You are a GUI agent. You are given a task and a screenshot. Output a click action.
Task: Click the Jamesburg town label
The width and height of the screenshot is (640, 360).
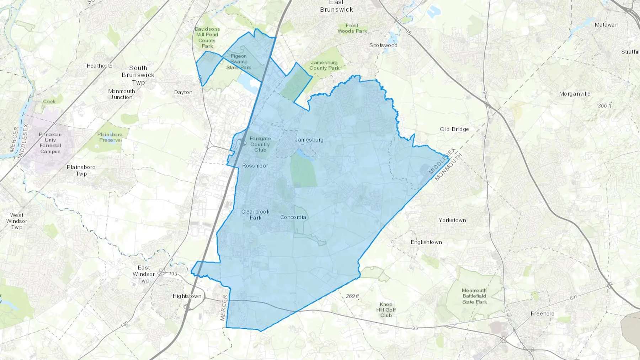(x=309, y=140)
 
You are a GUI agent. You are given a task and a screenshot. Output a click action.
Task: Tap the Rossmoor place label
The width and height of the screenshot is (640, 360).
(x=255, y=166)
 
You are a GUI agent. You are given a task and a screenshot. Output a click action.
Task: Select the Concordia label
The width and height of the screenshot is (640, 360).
(x=293, y=217)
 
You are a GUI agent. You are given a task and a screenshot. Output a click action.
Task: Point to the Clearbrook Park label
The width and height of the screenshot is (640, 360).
(x=255, y=215)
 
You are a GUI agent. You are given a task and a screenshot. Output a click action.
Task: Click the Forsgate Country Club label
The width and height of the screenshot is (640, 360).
(x=260, y=144)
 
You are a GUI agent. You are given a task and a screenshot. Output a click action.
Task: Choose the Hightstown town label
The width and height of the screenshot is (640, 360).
(x=187, y=296)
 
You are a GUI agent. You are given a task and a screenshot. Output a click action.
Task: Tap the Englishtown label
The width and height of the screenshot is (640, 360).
(x=426, y=242)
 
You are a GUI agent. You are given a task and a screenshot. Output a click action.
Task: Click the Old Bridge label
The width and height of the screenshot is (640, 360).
(x=454, y=129)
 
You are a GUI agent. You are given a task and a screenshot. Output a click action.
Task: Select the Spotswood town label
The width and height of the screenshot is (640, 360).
(x=383, y=45)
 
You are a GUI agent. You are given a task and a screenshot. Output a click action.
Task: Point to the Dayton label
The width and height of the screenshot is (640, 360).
(x=183, y=92)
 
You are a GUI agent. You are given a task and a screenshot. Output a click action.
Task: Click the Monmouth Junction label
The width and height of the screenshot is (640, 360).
(x=122, y=94)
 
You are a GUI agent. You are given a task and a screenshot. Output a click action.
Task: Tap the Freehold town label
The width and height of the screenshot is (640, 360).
(x=542, y=313)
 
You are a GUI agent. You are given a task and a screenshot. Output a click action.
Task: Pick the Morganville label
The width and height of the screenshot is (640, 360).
(x=575, y=94)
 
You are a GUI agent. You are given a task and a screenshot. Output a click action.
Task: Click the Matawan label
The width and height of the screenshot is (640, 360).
(x=606, y=25)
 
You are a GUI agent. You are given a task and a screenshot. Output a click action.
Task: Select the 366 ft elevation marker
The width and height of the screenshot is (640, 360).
(x=604, y=106)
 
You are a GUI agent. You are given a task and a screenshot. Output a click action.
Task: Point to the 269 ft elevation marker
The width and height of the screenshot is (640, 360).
(x=352, y=296)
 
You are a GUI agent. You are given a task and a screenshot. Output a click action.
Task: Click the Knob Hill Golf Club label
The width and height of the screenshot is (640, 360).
(x=386, y=310)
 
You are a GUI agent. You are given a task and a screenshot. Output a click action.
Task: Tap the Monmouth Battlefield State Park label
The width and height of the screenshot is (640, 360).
(x=474, y=296)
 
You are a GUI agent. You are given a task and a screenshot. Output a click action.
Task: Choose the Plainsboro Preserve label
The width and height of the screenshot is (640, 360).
(x=110, y=137)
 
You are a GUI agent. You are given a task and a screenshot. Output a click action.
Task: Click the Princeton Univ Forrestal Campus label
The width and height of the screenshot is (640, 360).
(x=50, y=143)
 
